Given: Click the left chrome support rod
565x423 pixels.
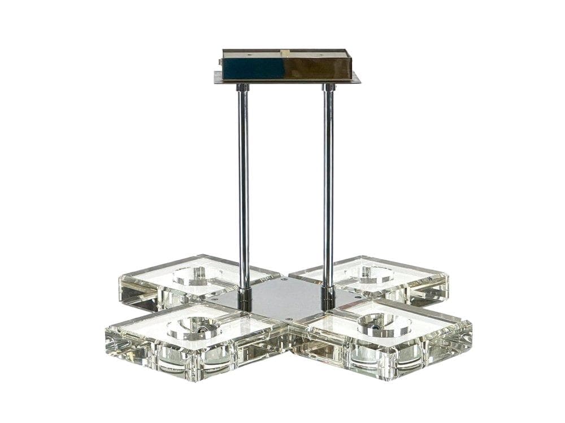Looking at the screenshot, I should pyautogui.click(x=243, y=186).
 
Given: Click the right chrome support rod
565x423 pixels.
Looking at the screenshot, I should pyautogui.click(x=328, y=186).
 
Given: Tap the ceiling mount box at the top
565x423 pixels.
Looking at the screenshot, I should pyautogui.click(x=286, y=64).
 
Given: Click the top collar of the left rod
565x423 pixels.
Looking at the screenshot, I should pyautogui.click(x=242, y=88).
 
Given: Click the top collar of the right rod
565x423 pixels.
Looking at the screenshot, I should pyautogui.click(x=329, y=88).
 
